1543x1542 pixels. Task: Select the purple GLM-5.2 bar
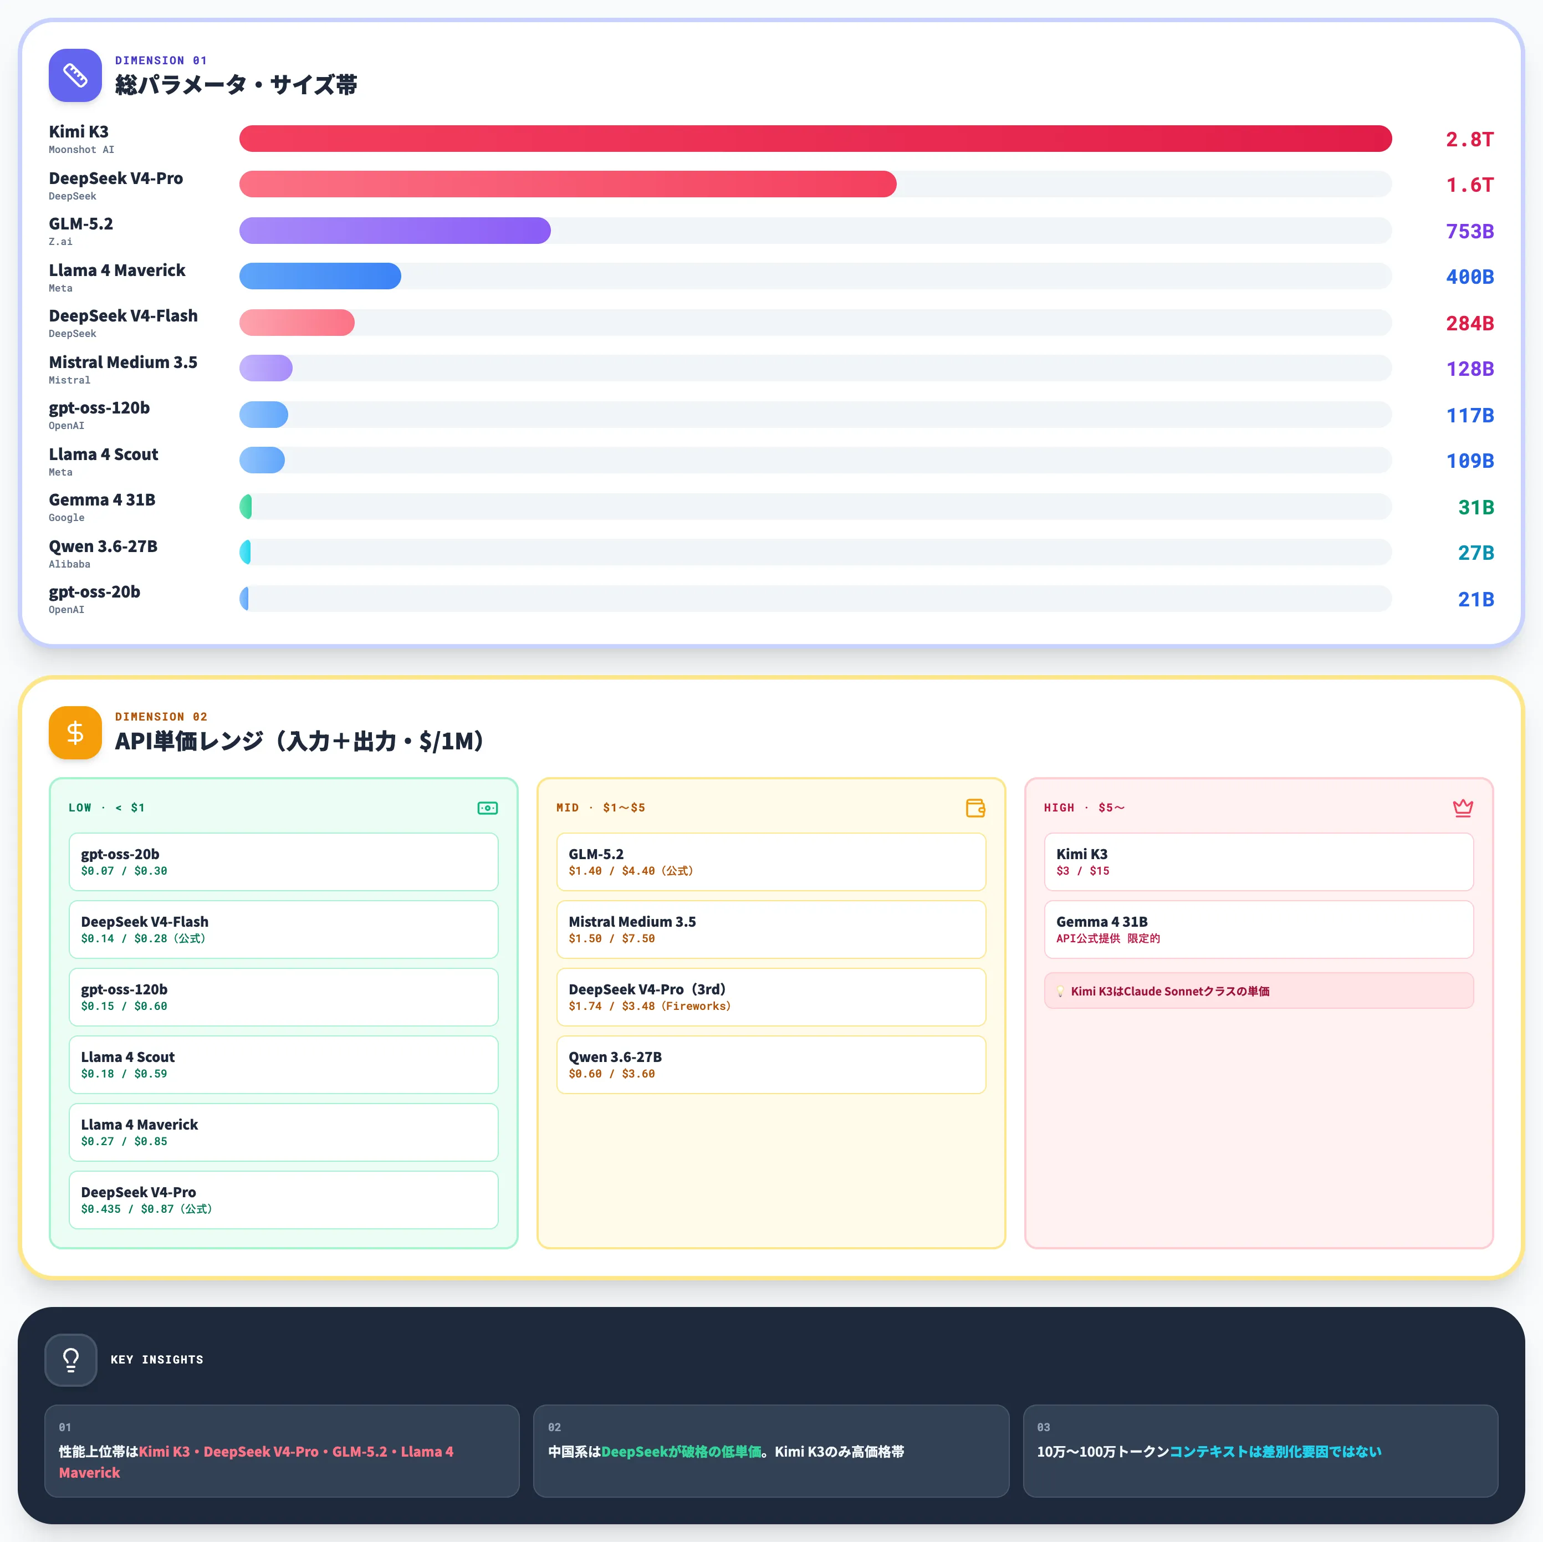point(395,231)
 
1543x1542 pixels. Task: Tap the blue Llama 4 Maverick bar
point(320,276)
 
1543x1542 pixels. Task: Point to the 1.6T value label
point(1469,185)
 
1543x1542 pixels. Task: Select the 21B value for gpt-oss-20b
point(1475,599)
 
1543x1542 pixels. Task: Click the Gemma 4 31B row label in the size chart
point(102,500)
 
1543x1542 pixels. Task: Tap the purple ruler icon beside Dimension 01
point(75,75)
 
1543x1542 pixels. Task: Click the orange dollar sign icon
point(75,732)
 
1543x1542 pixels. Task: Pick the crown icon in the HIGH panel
point(1462,808)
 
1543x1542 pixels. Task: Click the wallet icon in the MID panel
point(975,808)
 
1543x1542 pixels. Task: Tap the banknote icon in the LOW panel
point(487,808)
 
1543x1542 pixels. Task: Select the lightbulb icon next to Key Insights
point(71,1359)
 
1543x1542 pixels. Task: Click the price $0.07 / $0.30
point(124,870)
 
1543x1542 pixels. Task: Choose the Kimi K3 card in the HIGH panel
point(1259,862)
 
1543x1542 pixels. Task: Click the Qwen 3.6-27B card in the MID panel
point(771,1064)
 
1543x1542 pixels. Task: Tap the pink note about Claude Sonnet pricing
point(1259,990)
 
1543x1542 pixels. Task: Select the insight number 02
point(554,1427)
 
